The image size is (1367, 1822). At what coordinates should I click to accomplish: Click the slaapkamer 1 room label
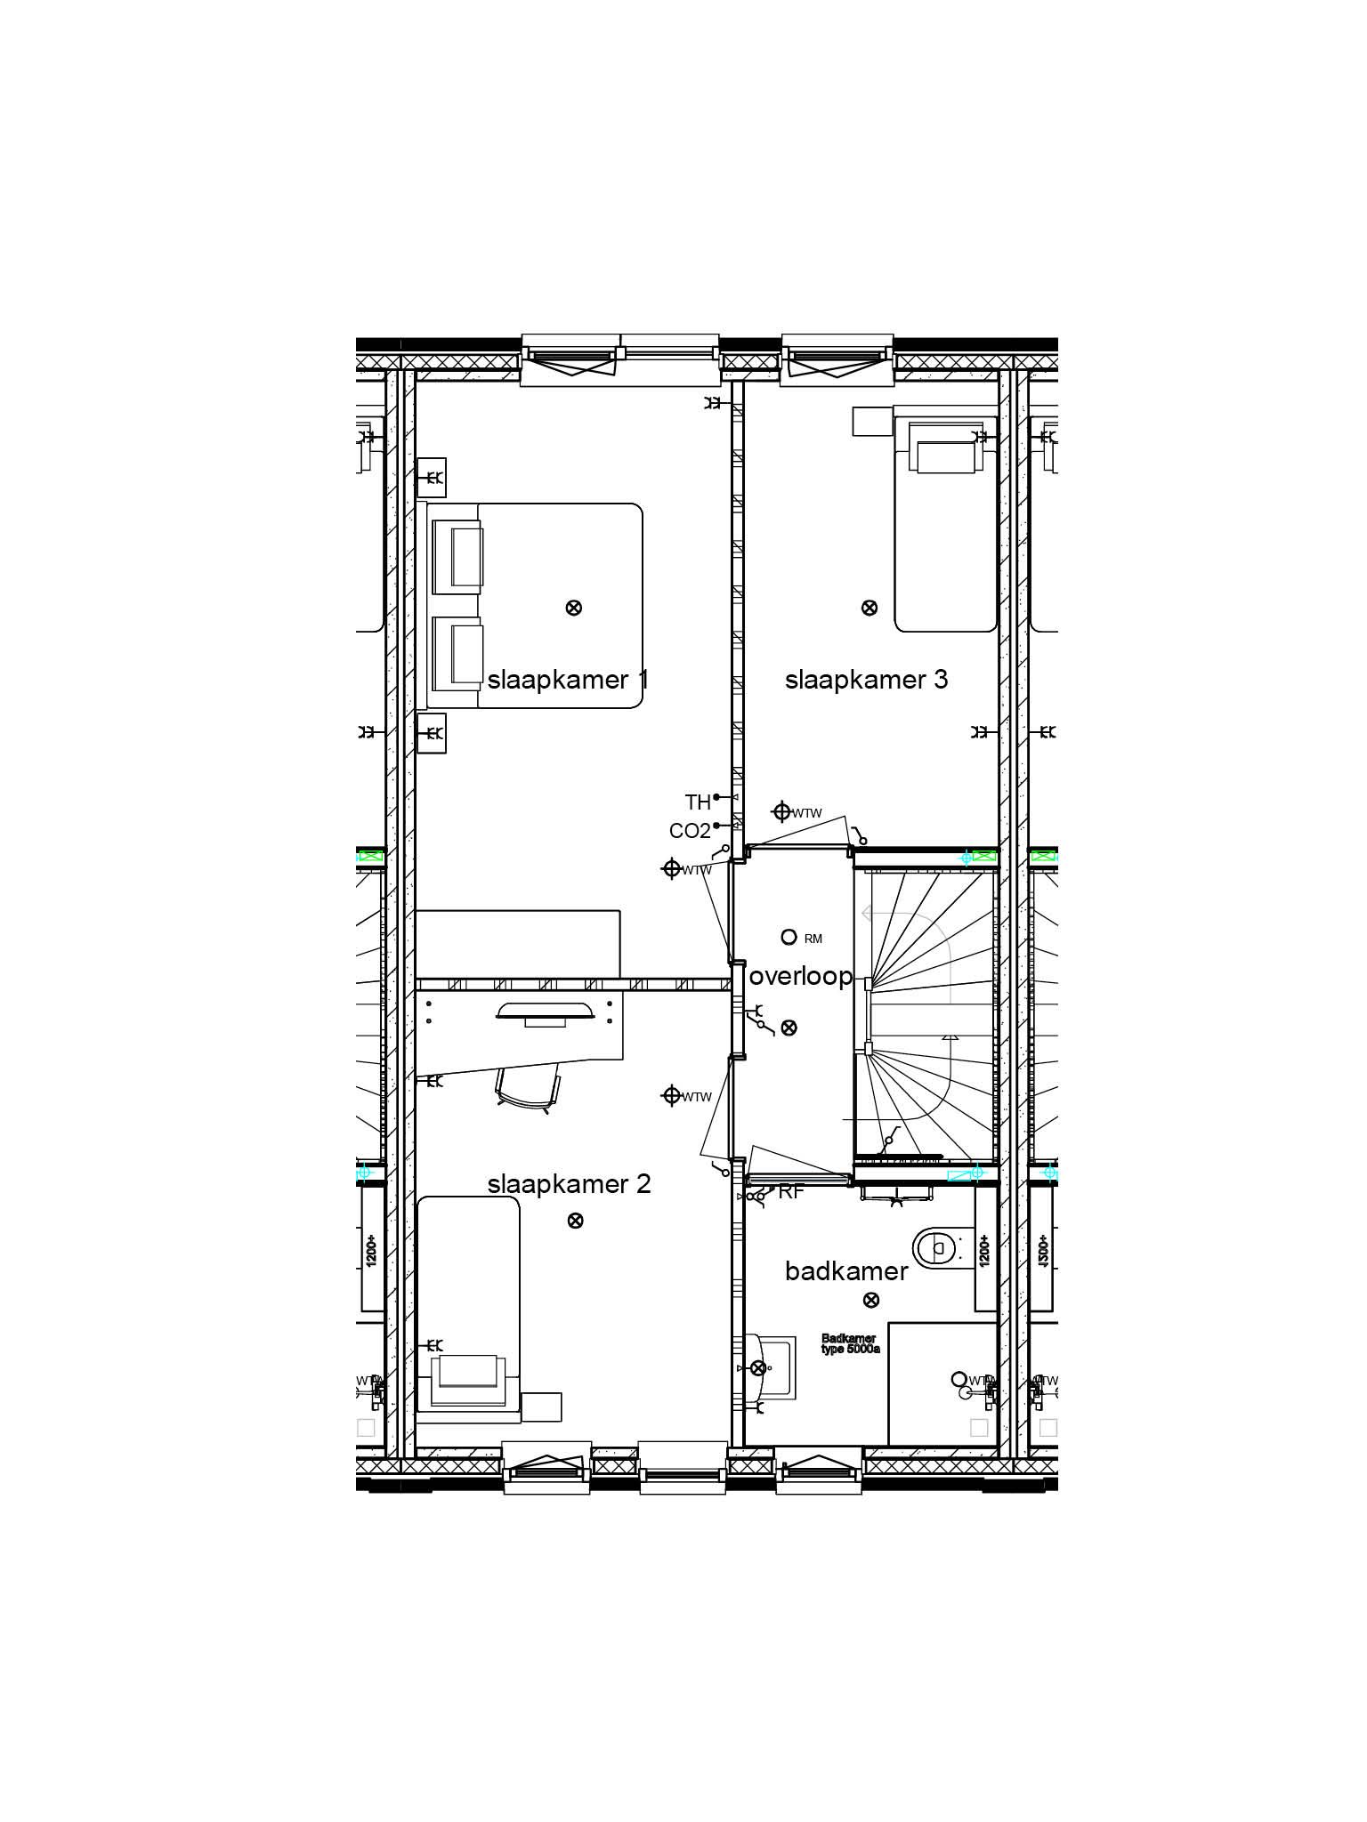click(x=568, y=681)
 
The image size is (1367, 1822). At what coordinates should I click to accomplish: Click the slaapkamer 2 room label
click(x=569, y=1184)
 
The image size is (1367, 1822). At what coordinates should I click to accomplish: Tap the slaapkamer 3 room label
click(x=866, y=681)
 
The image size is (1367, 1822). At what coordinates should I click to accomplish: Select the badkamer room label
click(x=846, y=1271)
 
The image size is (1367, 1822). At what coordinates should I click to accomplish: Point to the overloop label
click(x=801, y=977)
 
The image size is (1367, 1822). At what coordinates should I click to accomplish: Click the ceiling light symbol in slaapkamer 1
click(x=574, y=608)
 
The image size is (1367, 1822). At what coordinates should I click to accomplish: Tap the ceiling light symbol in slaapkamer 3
click(x=870, y=608)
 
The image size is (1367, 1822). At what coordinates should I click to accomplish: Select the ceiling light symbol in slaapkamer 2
click(x=575, y=1220)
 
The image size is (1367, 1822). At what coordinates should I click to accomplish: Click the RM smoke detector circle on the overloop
click(x=788, y=937)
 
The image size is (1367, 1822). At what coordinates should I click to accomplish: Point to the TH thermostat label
click(x=698, y=802)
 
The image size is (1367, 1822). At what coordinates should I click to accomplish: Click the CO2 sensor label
click(x=690, y=831)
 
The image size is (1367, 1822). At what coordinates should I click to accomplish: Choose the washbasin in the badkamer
click(x=765, y=1367)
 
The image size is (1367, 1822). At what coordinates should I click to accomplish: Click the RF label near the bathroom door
click(x=791, y=1193)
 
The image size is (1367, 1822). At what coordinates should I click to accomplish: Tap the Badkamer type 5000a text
click(x=850, y=1343)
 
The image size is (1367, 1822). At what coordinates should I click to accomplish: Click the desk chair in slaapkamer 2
click(x=529, y=1087)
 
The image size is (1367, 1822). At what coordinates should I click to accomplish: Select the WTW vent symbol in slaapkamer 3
click(x=782, y=811)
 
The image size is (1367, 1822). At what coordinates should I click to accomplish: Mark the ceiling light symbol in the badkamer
click(x=871, y=1300)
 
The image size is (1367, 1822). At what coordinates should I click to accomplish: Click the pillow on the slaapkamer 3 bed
click(x=946, y=457)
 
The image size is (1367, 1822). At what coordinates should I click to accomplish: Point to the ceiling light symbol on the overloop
click(x=789, y=1028)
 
